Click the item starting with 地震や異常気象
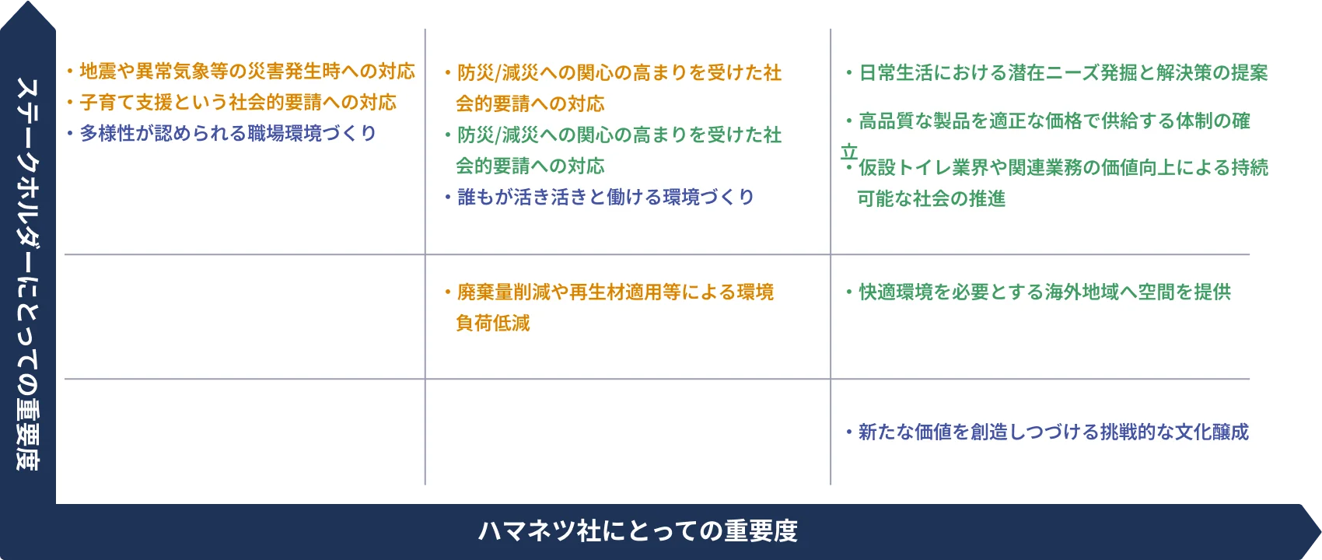click(247, 72)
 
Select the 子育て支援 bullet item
click(237, 103)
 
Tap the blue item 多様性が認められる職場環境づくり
click(228, 134)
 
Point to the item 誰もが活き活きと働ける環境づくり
click(605, 198)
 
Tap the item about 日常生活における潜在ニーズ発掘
click(1062, 73)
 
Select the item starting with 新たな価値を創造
click(1053, 432)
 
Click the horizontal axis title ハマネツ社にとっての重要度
click(638, 531)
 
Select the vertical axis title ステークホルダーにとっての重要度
click(27, 272)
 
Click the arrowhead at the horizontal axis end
click(1312, 526)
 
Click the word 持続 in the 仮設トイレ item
click(1250, 168)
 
